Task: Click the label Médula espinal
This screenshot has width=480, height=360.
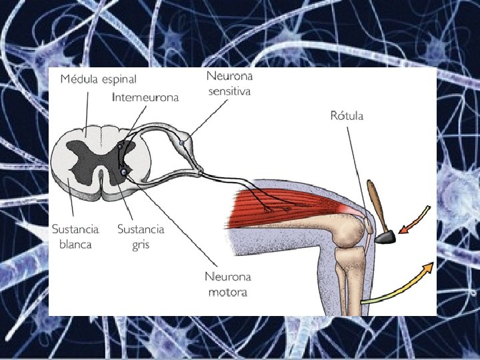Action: (x=98, y=79)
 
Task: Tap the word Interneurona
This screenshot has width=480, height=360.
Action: (x=145, y=97)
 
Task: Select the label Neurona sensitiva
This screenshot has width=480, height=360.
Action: (x=229, y=84)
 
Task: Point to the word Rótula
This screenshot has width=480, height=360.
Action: (x=347, y=116)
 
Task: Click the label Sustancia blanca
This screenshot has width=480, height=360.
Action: (x=75, y=236)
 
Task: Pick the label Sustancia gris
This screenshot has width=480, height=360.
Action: (x=141, y=236)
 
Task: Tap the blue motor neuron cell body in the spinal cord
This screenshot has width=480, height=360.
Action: (x=123, y=173)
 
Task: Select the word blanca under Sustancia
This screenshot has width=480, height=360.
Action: (x=75, y=244)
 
